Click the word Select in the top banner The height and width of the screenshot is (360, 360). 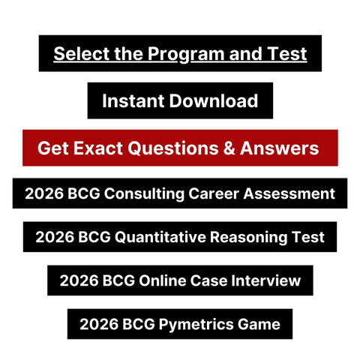77,54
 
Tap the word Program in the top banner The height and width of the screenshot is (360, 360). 169,54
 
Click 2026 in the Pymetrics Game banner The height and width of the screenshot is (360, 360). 97,324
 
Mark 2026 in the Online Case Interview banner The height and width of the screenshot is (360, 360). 76,281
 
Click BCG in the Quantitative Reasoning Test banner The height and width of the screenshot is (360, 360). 91,238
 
